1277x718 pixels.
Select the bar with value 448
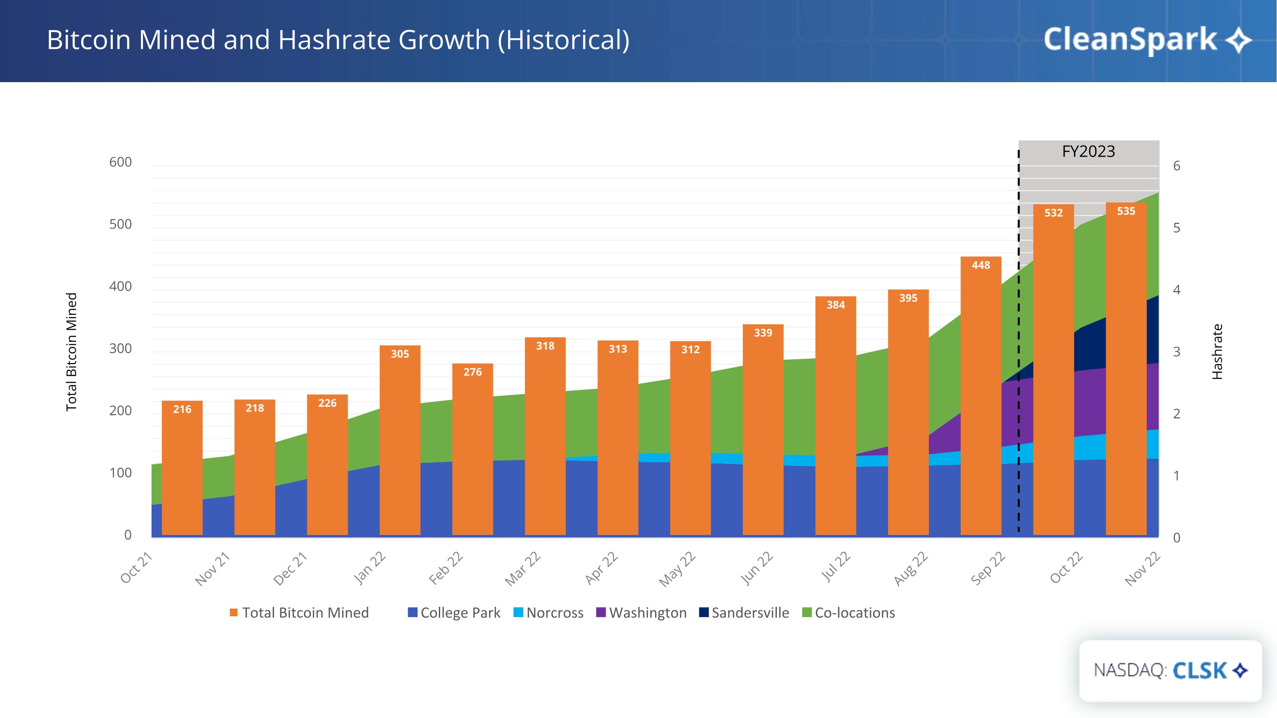tap(981, 396)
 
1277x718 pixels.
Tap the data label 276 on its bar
tap(472, 372)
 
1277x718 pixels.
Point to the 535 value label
tap(1126, 211)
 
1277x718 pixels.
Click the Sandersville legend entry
tap(744, 613)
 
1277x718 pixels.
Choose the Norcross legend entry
tap(548, 613)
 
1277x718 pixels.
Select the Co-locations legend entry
tap(849, 613)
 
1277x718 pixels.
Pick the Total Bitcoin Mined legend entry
tap(299, 613)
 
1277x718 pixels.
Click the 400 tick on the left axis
tap(120, 286)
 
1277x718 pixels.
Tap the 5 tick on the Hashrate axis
tap(1177, 228)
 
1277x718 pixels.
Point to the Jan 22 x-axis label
tap(370, 568)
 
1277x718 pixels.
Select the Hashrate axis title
tap(1217, 352)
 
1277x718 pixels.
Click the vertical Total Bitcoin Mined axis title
tap(72, 352)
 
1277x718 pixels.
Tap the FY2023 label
tap(1088, 151)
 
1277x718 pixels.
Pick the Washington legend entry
tap(641, 613)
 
